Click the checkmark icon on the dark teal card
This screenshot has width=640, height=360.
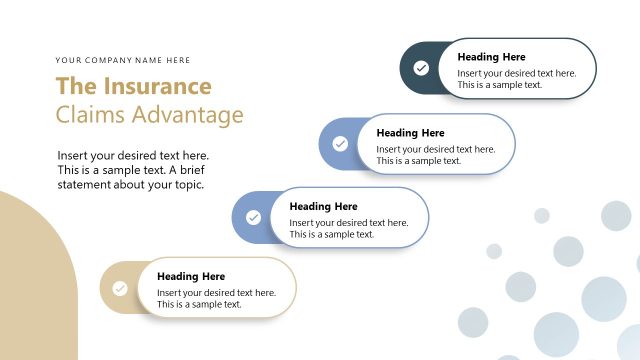coord(421,68)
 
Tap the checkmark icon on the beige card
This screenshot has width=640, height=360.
coord(120,288)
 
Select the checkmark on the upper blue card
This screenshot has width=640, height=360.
coord(340,144)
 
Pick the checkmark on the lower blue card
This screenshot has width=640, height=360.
coord(253,217)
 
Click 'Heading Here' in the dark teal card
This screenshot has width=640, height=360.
coord(491,57)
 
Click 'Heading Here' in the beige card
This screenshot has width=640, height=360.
coord(191,276)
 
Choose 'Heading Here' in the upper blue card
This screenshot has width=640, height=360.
coord(410,132)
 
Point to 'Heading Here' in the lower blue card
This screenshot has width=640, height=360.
coord(323,206)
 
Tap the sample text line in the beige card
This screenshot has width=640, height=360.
coord(199,304)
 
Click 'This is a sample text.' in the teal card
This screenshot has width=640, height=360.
coord(500,85)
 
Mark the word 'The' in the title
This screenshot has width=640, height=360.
coord(73,86)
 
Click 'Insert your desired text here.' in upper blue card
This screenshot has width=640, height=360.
coord(435,149)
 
